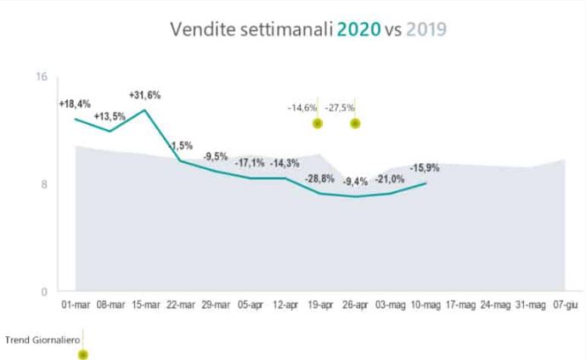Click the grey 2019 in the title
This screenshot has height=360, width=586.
pos(427,30)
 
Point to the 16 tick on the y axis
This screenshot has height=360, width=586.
pos(41,77)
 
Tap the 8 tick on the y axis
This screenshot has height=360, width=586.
pos(44,184)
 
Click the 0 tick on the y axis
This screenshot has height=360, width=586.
pos(44,291)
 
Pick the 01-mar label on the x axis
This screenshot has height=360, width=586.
pos(75,304)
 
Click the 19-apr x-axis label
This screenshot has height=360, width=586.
pos(319,304)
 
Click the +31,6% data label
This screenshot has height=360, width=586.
pos(144,95)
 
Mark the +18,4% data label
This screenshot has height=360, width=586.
pos(75,104)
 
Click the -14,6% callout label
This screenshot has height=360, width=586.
pos(301,108)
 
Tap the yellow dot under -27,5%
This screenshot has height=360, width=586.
pos(355,123)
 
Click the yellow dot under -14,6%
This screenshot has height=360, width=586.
pos(318,123)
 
